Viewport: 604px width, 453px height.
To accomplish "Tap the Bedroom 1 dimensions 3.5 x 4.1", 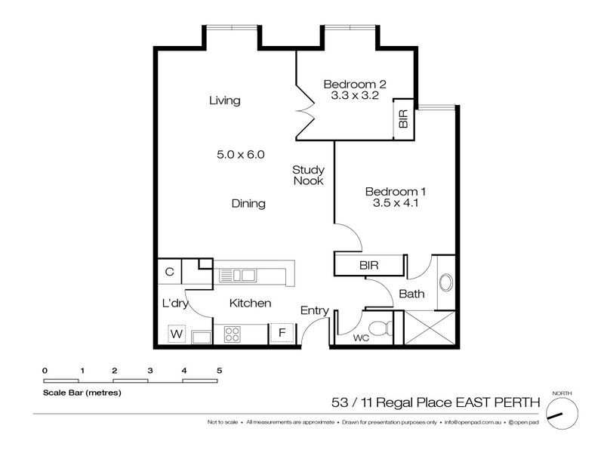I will (390, 202).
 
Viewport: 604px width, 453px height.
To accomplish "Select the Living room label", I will (224, 100).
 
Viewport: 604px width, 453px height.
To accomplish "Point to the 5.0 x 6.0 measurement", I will (240, 154).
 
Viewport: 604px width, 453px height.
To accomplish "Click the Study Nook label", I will (308, 175).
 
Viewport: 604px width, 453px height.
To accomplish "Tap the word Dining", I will (248, 203).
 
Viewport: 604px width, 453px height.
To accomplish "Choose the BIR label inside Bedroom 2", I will (403, 119).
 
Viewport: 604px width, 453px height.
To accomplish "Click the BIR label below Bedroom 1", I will (368, 266).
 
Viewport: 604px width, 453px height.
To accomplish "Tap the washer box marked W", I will (177, 333).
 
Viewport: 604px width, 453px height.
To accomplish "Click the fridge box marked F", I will (282, 333).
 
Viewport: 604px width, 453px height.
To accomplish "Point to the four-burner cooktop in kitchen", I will (231, 333).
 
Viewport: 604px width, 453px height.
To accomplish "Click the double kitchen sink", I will (237, 275).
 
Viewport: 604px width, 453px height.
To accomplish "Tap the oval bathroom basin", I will (445, 283).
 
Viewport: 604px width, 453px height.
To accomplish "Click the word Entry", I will (314, 310).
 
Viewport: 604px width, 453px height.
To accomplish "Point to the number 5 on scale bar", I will (218, 370).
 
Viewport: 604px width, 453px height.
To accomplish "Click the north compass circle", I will (562, 411).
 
